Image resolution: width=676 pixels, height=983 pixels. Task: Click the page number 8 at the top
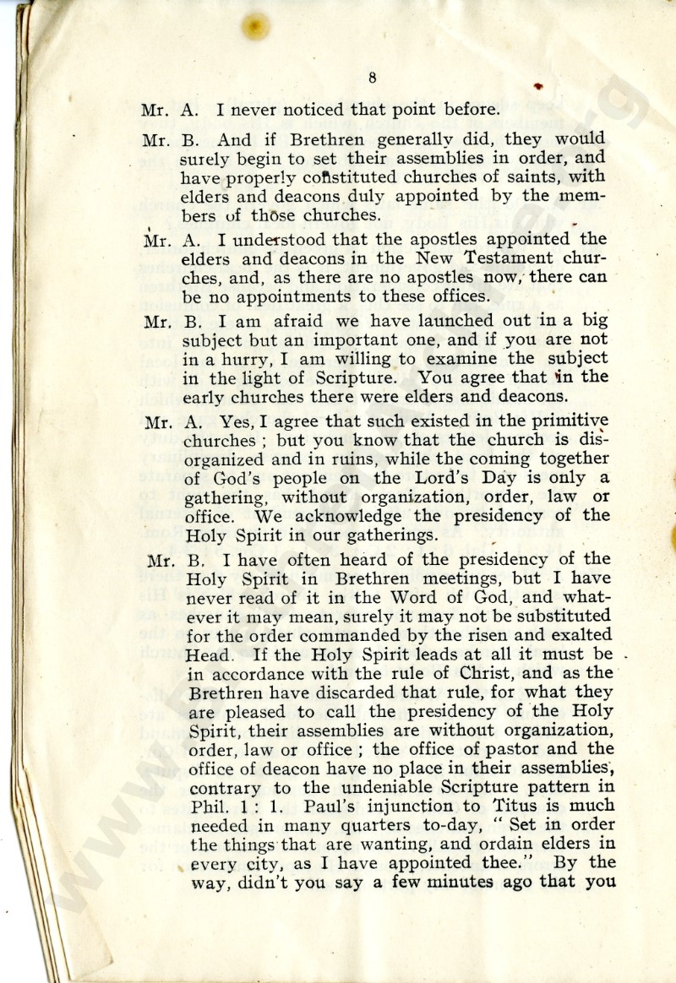point(372,79)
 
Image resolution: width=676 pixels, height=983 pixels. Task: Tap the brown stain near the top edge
point(253,26)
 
